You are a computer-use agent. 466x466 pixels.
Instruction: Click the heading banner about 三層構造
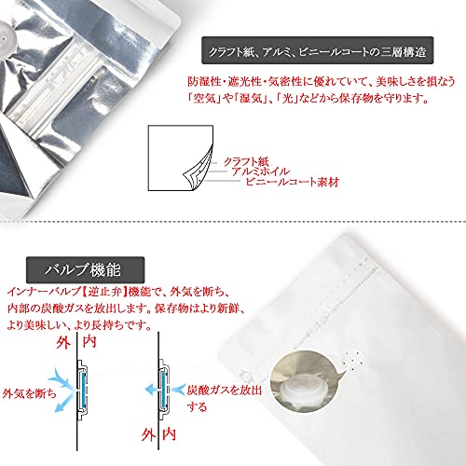tap(318, 50)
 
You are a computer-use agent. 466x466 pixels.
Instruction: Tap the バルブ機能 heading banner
tap(85, 269)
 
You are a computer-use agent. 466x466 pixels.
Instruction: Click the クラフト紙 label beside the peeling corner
tap(246, 162)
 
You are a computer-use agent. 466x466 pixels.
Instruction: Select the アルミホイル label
tap(260, 171)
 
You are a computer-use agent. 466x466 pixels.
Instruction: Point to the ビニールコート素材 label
tap(292, 182)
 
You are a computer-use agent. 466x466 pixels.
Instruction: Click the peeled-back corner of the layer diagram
tap(199, 170)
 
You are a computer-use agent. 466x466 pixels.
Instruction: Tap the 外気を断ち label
tap(29, 393)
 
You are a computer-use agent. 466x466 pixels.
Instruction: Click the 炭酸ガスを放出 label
tap(225, 391)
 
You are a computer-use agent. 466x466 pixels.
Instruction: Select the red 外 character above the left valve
tap(63, 343)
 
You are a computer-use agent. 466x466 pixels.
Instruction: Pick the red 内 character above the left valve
tap(89, 342)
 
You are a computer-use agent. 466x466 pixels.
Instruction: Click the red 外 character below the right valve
tap(148, 435)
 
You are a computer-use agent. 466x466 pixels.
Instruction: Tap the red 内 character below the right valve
tap(170, 434)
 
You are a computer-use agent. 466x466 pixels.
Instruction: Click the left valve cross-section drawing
tap(82, 391)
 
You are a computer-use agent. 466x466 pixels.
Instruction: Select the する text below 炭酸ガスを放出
tap(197, 406)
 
